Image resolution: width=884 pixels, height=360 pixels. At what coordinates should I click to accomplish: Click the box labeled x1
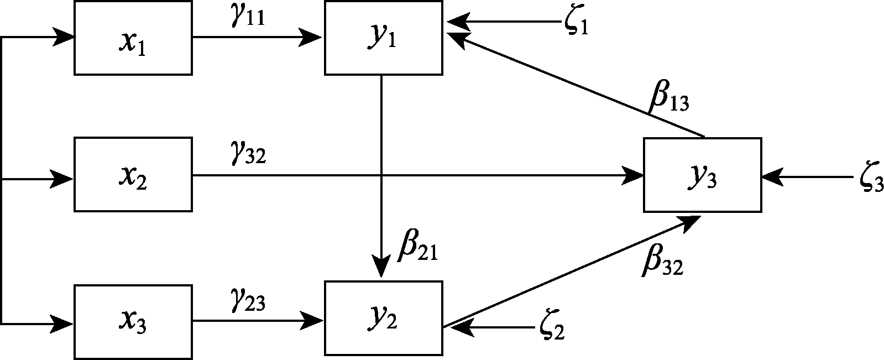click(133, 38)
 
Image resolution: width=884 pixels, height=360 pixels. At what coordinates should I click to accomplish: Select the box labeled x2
click(133, 174)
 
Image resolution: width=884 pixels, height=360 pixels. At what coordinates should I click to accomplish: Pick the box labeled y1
click(383, 38)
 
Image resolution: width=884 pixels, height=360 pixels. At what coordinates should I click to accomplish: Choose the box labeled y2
click(383, 318)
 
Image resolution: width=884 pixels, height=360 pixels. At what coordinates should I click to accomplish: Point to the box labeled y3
click(702, 175)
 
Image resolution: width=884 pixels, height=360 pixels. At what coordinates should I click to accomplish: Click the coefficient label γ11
click(247, 17)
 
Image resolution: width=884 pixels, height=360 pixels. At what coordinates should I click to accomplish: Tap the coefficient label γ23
click(248, 301)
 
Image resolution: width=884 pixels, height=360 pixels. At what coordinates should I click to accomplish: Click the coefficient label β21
click(418, 249)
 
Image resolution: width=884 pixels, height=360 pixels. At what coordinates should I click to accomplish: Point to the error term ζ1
click(577, 24)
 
